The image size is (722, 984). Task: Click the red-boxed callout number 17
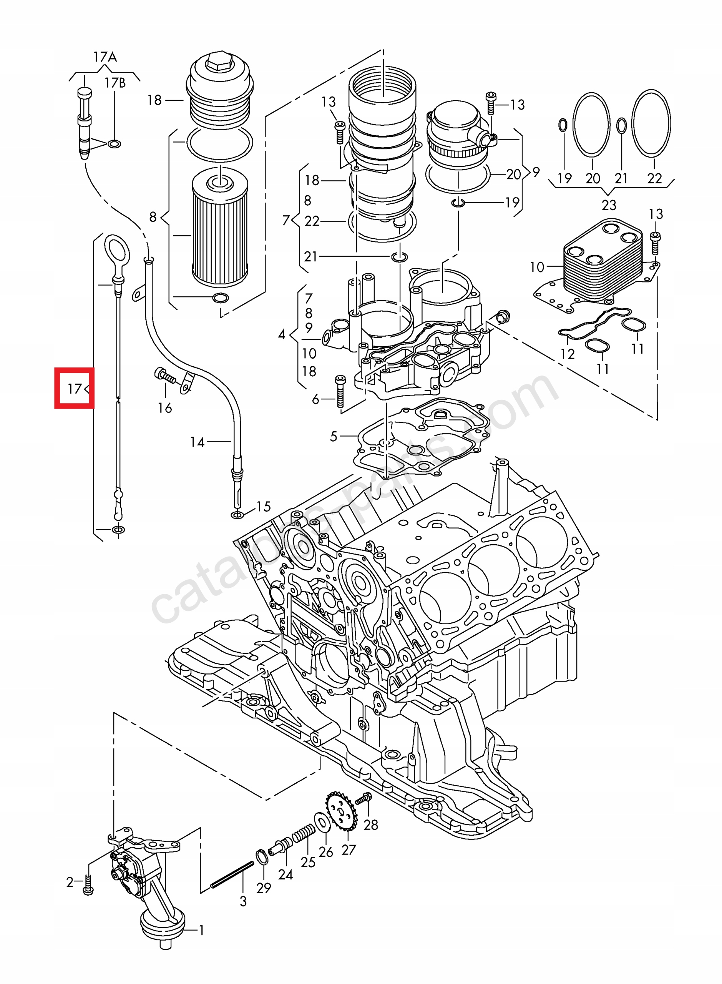(74, 388)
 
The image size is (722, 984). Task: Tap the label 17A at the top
(105, 57)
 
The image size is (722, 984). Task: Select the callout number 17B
(115, 83)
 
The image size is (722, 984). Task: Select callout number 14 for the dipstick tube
(197, 442)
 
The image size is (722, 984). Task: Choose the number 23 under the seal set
(609, 204)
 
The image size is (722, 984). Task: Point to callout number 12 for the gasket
(567, 354)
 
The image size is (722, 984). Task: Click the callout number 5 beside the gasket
(334, 436)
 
